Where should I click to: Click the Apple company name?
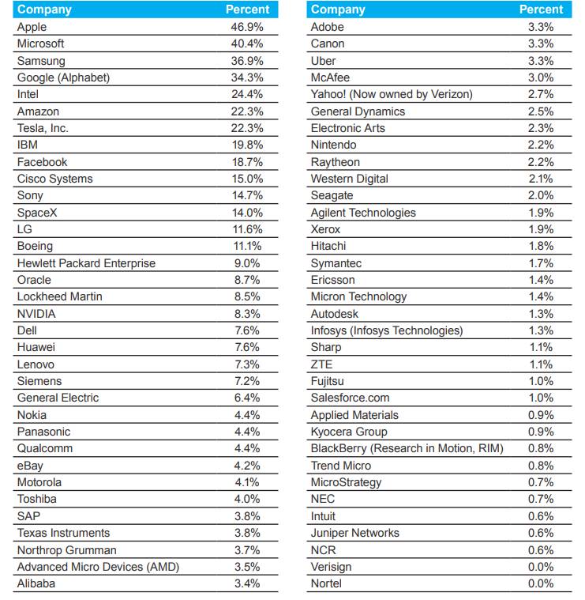(32, 27)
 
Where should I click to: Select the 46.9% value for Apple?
(248, 27)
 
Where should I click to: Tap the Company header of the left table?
(44, 9)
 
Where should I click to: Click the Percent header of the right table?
(541, 9)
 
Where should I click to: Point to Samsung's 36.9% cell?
(248, 61)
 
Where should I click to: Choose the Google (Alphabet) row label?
(63, 77)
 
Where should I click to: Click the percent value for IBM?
(248, 145)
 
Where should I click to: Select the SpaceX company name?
(37, 213)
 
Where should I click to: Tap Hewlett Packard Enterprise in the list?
(86, 263)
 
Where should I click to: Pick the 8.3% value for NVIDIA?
(248, 314)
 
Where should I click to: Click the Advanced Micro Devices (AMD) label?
(98, 567)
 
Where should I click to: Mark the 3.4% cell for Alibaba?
(248, 583)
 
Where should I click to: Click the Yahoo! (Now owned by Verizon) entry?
(392, 94)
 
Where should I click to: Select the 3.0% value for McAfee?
(541, 77)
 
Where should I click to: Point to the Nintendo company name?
(333, 145)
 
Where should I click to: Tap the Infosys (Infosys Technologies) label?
(387, 330)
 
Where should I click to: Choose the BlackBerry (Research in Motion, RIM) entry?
(407, 448)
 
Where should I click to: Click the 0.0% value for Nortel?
(541, 583)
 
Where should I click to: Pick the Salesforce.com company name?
(350, 398)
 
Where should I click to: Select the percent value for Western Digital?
(541, 179)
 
